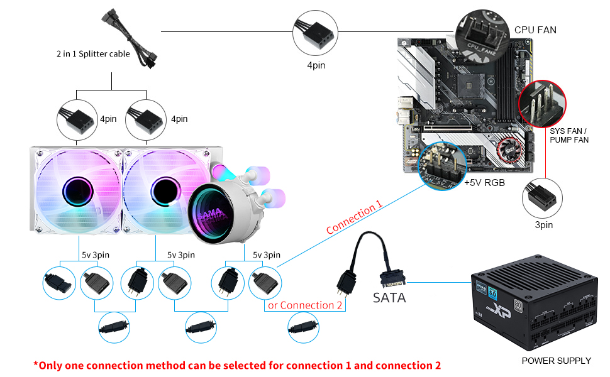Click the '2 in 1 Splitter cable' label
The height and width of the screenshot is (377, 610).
[93, 54]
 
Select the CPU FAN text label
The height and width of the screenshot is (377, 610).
[535, 30]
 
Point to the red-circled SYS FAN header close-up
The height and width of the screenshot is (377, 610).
[541, 102]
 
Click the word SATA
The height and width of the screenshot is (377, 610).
[389, 298]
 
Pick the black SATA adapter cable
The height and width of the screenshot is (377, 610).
[371, 264]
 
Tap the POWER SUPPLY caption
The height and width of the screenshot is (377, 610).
[556, 361]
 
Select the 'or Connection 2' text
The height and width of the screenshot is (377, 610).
[305, 305]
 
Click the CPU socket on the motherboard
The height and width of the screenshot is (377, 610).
[465, 77]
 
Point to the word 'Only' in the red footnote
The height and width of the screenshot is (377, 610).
[52, 365]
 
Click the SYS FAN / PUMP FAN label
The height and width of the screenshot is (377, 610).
[569, 135]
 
